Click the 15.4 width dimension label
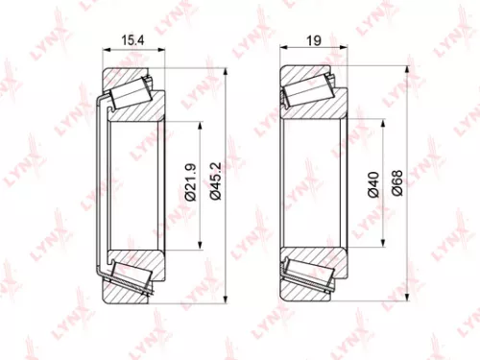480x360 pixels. pyautogui.click(x=134, y=41)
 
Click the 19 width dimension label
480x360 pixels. pyautogui.click(x=313, y=41)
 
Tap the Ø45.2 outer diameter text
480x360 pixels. pyautogui.click(x=216, y=180)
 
